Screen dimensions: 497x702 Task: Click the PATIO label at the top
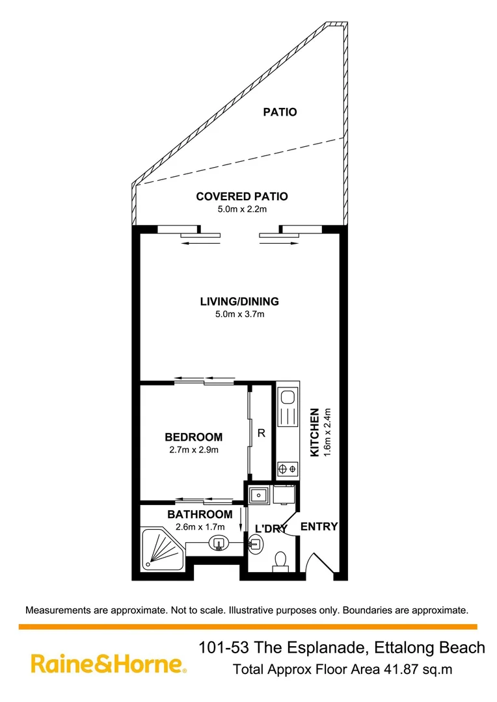280,112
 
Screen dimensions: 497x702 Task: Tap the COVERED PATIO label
242,196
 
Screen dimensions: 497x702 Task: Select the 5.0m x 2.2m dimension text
242,209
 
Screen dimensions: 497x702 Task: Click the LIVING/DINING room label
239,302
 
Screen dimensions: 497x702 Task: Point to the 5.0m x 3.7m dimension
240,315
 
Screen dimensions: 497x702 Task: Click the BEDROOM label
194,437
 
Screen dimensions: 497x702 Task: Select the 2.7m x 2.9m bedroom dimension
194,450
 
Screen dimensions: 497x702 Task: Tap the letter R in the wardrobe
262,433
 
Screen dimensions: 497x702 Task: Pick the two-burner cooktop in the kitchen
288,469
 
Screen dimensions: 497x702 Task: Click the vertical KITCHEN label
315,432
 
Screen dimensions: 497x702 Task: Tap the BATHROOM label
200,514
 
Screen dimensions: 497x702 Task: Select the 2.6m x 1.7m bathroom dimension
200,527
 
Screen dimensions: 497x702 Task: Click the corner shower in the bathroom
162,550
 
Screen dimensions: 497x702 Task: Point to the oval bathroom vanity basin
219,543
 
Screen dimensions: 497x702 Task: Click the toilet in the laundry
280,562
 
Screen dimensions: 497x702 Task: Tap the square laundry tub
258,495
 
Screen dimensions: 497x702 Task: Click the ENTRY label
319,526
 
